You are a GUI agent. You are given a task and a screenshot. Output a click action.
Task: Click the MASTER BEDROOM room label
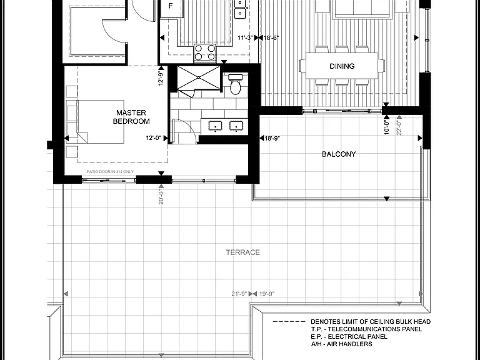point(131,117)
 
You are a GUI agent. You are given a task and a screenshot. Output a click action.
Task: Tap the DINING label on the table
point(342,66)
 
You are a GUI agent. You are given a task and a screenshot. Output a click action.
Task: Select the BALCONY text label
point(339,154)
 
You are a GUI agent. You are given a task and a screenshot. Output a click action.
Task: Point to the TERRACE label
point(242,252)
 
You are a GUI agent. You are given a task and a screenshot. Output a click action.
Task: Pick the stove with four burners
point(205,53)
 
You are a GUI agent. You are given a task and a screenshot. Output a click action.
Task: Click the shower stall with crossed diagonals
point(199,78)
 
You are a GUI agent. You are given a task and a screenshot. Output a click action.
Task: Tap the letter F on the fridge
point(171,6)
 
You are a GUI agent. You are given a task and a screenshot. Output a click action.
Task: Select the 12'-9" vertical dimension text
point(161,78)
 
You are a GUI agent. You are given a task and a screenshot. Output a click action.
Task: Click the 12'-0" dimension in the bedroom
point(153,138)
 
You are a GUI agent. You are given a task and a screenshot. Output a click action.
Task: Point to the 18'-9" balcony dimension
point(272,138)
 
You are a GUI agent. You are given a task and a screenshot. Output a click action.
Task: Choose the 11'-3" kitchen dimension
point(245,37)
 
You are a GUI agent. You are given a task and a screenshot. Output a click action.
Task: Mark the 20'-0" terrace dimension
point(161,196)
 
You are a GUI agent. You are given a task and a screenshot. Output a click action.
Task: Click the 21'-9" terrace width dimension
point(239,294)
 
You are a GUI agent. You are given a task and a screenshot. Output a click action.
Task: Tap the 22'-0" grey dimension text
point(399,127)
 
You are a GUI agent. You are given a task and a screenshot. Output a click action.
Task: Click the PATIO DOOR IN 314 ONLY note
point(110,172)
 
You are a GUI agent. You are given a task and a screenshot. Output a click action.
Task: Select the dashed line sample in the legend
point(289,322)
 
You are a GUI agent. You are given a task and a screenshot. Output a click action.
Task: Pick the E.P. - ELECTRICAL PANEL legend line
point(349,337)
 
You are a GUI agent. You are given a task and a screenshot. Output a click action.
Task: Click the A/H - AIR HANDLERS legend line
point(342,344)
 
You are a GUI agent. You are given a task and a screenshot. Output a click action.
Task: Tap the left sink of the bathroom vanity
point(216,126)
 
